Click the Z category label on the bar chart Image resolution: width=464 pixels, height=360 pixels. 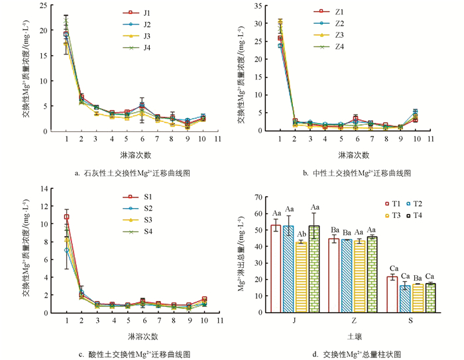point(353,322)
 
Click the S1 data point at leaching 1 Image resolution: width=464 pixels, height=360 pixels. point(66,217)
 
